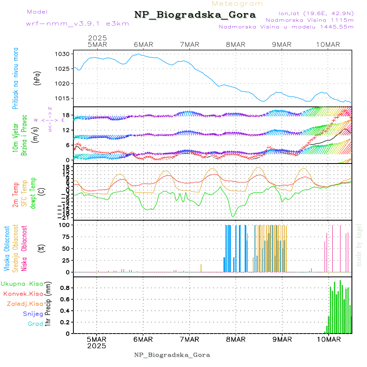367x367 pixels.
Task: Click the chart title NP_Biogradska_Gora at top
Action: (x=195, y=15)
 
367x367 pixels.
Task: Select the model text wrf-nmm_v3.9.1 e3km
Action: (x=77, y=24)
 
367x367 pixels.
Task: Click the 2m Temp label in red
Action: (x=15, y=195)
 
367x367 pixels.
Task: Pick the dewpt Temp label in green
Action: (x=33, y=190)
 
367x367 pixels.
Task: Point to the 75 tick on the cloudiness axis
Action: (x=66, y=237)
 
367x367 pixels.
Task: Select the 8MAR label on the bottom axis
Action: (x=236, y=339)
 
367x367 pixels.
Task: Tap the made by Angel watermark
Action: (x=359, y=245)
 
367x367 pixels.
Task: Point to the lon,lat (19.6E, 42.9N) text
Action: (x=316, y=13)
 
